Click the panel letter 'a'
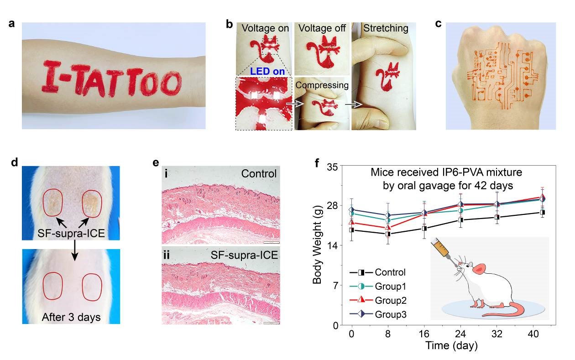[x=12, y=24]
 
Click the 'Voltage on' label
[x=265, y=28]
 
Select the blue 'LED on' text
[x=264, y=72]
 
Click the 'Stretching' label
[x=386, y=28]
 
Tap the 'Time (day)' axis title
[x=452, y=346]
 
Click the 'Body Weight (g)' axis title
[x=318, y=246]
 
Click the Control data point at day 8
[x=388, y=234]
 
